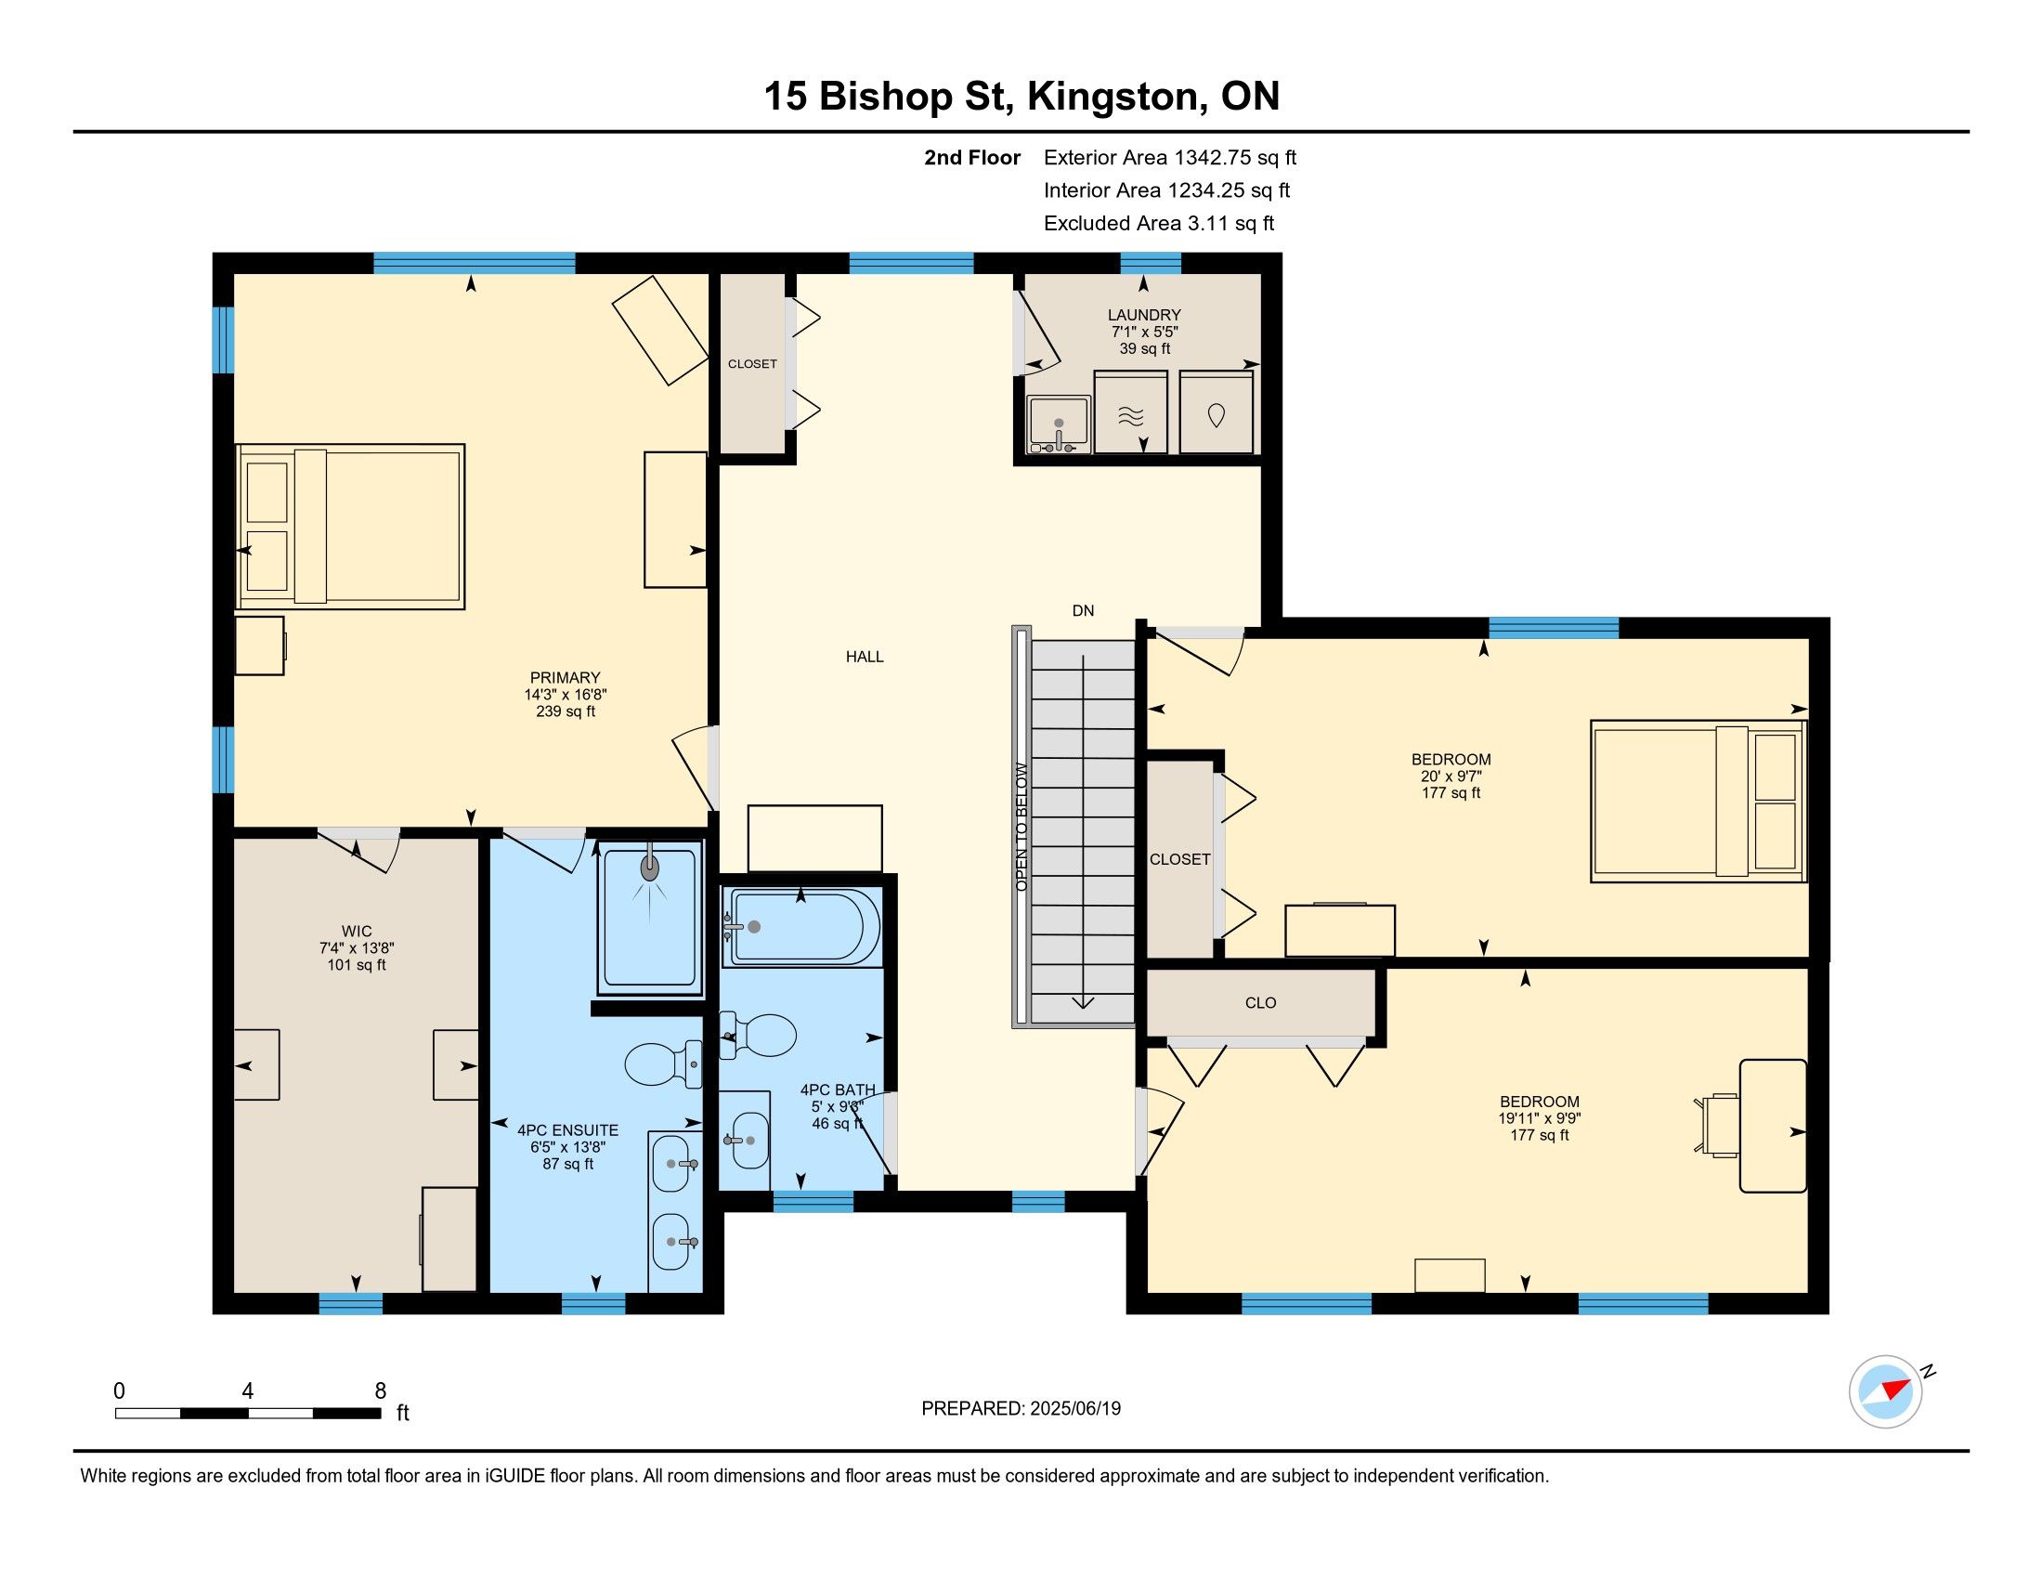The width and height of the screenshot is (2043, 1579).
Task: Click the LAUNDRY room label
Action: click(1144, 315)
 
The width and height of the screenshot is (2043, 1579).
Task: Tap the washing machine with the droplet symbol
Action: click(1216, 412)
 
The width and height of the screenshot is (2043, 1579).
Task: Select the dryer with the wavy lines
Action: click(1131, 412)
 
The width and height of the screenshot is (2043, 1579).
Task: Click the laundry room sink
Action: click(1059, 425)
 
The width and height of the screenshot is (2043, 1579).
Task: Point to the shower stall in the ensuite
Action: click(651, 917)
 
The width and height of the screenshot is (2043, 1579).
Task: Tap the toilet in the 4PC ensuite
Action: click(663, 1064)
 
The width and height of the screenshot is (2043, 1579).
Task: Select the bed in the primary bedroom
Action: click(351, 527)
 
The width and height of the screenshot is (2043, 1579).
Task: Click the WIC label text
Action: click(357, 932)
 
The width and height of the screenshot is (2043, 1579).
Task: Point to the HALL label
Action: click(865, 657)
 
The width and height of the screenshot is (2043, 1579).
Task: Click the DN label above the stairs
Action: click(1082, 611)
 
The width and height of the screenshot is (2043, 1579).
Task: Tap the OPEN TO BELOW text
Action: click(1021, 827)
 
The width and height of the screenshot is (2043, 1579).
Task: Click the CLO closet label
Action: click(1260, 1003)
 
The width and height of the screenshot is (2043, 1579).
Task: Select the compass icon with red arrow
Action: click(1885, 1391)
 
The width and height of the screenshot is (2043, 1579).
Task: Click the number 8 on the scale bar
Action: click(380, 1391)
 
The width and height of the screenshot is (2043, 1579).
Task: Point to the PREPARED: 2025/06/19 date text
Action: click(1021, 1409)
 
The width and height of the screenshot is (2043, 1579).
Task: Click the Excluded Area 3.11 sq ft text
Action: click(1159, 224)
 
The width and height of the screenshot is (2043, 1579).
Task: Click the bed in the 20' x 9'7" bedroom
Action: click(1698, 801)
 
